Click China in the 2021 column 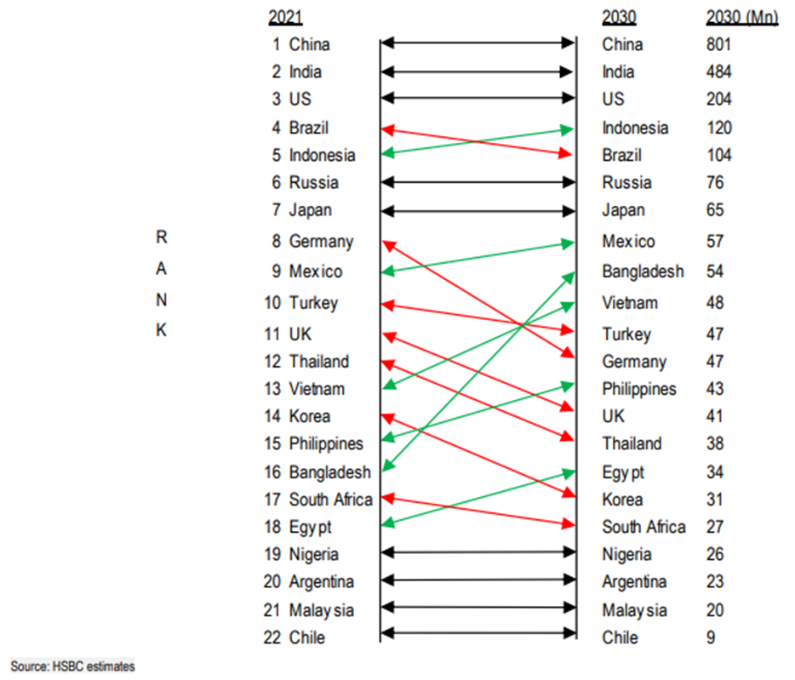[309, 44]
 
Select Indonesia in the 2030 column [635, 128]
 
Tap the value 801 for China [718, 44]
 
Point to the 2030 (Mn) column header [741, 17]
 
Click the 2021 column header [284, 17]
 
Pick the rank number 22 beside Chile [272, 637]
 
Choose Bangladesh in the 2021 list [329, 471]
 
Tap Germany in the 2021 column [320, 241]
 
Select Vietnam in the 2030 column [629, 303]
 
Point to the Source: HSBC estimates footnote [72, 666]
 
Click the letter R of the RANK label [161, 239]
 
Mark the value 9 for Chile [711, 637]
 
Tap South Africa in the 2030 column [643, 527]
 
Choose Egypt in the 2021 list [310, 527]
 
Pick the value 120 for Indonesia [718, 128]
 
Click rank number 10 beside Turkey [272, 303]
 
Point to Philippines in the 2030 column [639, 389]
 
